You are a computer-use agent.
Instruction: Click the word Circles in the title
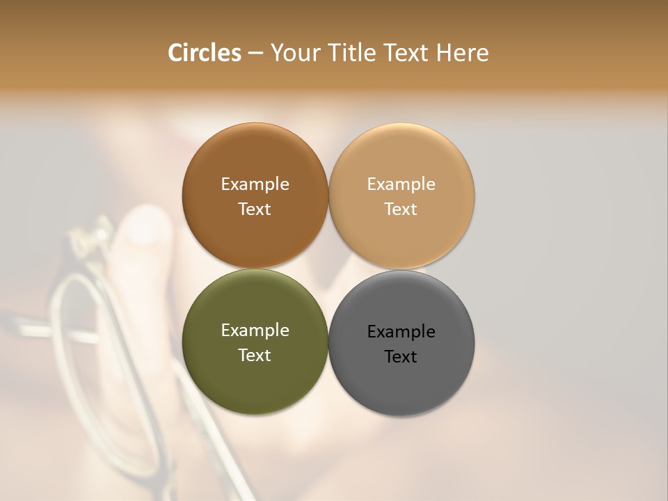(x=204, y=53)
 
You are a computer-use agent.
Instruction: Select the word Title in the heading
(x=354, y=53)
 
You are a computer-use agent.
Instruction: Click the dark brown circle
(x=255, y=157)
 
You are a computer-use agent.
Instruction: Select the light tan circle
(x=401, y=157)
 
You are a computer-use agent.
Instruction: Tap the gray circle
(x=401, y=390)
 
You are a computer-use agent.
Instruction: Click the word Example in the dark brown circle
(x=255, y=184)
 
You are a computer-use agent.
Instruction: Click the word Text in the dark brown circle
(x=255, y=209)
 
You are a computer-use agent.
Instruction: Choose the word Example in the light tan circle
(x=401, y=184)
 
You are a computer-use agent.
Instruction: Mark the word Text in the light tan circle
(x=401, y=209)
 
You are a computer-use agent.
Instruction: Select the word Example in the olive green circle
(x=255, y=331)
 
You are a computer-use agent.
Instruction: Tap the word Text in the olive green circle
(x=255, y=356)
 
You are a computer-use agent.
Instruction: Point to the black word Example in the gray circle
(x=401, y=332)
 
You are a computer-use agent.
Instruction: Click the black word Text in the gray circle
(x=401, y=357)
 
